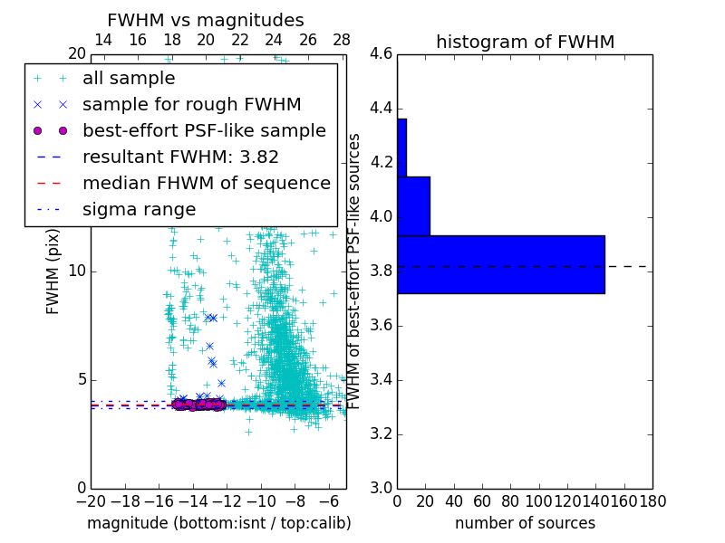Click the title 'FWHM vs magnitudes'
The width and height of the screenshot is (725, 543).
point(206,21)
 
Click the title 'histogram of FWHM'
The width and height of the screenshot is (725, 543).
point(525,42)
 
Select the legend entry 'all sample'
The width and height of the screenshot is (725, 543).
point(129,79)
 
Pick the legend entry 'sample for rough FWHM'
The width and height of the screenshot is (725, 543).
point(191,104)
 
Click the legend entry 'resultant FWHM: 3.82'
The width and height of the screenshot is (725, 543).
point(180,157)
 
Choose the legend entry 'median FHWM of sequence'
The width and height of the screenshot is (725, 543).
point(206,183)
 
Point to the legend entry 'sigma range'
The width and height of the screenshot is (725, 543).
point(139,209)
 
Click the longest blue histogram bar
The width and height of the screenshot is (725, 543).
point(500,264)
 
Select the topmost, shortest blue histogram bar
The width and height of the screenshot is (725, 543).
point(401,148)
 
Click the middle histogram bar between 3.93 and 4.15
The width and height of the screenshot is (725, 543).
point(413,205)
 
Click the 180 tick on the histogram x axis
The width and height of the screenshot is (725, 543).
point(652,500)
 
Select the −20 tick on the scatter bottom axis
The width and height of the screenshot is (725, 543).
point(91,500)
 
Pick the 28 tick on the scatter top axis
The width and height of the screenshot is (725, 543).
point(342,40)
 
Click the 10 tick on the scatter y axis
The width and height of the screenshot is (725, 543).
point(77,271)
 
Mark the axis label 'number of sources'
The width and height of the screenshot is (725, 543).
point(525,523)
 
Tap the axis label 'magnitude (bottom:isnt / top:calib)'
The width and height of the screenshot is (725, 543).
point(218,523)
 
